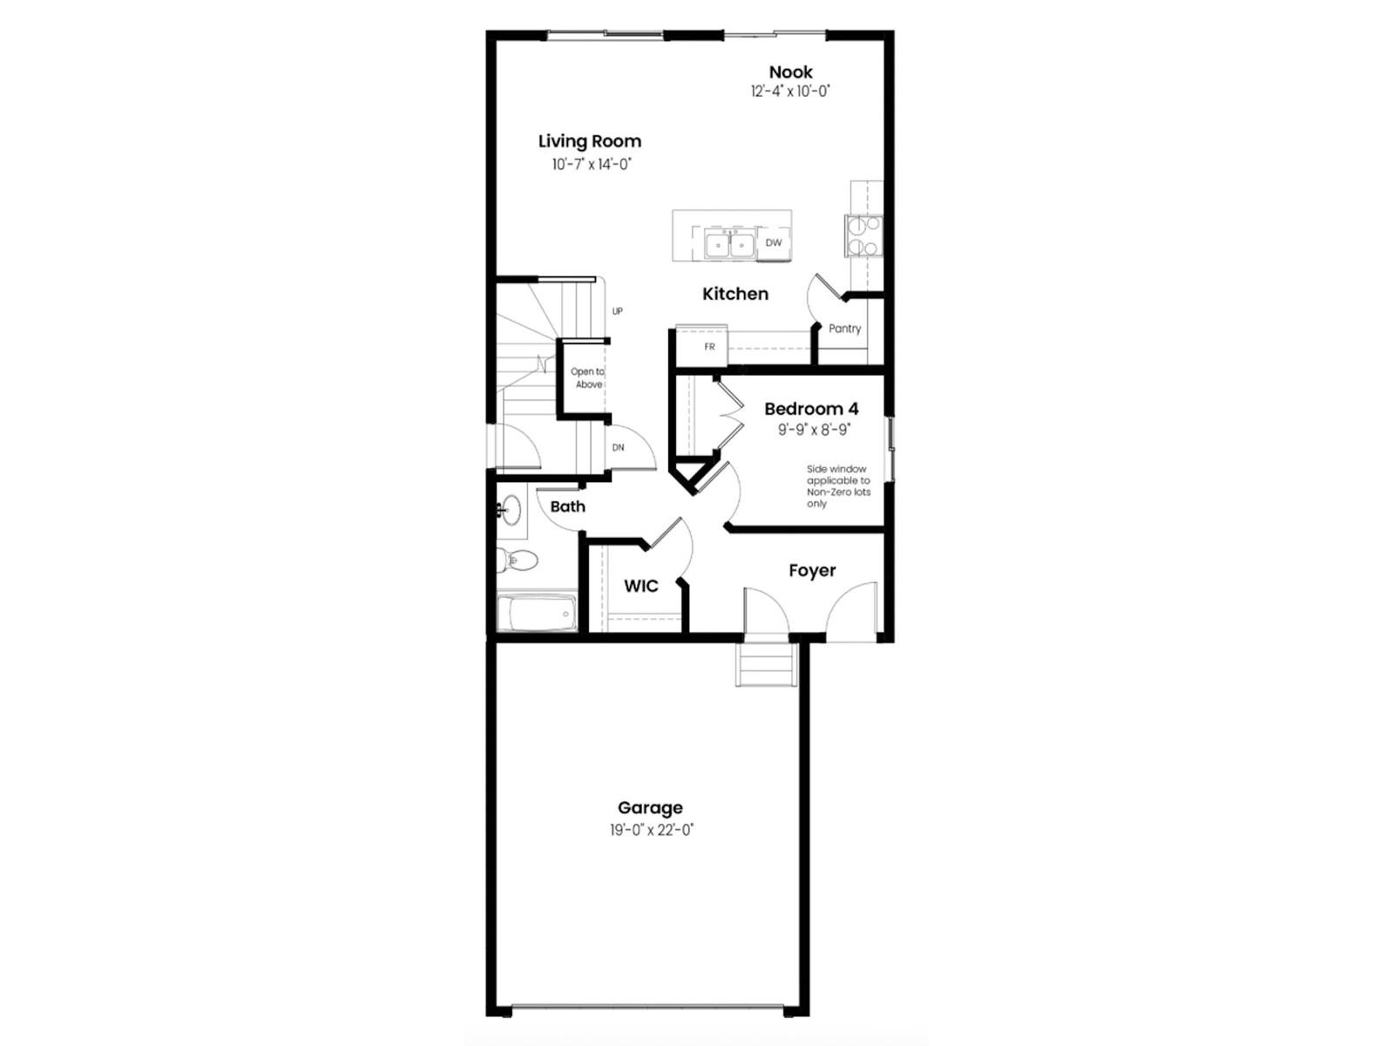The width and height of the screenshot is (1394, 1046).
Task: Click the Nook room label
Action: pos(790,72)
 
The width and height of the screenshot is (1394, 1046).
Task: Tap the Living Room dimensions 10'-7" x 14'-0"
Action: pos(591,164)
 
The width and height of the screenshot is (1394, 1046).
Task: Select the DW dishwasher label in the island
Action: pos(774,243)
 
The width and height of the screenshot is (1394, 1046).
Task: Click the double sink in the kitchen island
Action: pos(730,246)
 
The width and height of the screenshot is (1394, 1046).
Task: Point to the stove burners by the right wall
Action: pos(863,235)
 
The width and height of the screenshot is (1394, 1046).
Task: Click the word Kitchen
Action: pos(735,294)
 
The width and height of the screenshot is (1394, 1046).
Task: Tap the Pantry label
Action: pos(844,329)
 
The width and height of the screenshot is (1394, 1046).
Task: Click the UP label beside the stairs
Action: pos(617,311)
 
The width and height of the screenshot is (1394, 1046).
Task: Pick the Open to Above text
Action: pos(587,377)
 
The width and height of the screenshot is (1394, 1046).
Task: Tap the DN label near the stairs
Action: pos(618,448)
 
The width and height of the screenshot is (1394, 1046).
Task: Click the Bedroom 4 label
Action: pos(811,409)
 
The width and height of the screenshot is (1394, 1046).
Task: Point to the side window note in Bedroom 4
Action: pos(837,486)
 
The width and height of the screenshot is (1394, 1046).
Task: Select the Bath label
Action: pos(567,506)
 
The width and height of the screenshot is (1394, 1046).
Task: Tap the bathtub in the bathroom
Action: pos(537,613)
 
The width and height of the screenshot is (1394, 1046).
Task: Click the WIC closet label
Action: pos(640,586)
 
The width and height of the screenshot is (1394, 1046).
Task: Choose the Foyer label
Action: pos(812,571)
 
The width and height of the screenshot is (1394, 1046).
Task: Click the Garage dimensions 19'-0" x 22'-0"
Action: pos(651,830)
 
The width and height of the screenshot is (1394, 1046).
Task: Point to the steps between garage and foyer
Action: pos(767,665)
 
